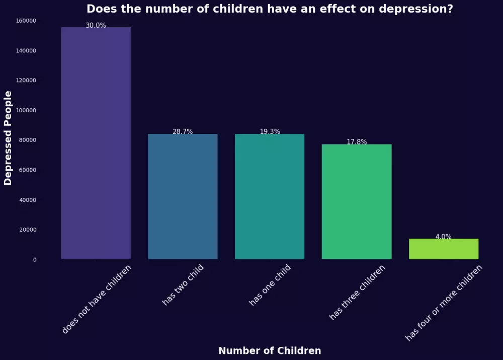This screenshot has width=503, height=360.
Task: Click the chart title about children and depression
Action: [270, 9]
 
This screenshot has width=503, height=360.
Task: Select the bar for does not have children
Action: [96, 143]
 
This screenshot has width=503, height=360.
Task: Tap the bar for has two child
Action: [183, 196]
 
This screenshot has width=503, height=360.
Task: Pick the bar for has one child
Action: [270, 196]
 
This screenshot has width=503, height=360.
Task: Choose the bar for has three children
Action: [357, 201]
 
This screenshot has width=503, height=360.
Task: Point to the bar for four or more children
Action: [444, 249]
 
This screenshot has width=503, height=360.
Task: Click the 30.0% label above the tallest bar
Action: [96, 25]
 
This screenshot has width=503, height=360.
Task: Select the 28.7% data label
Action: [183, 131]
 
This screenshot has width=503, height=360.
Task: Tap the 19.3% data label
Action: [270, 131]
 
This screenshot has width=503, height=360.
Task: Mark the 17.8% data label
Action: [357, 142]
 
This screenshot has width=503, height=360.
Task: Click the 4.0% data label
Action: [444, 237]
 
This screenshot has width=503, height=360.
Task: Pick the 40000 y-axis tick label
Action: [28, 200]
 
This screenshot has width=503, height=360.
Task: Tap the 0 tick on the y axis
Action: [35, 260]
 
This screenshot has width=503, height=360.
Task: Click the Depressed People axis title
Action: [8, 138]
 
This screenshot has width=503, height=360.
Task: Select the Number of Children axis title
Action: [270, 351]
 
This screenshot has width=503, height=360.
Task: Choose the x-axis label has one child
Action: [270, 285]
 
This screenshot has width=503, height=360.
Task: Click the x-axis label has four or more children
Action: [444, 303]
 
